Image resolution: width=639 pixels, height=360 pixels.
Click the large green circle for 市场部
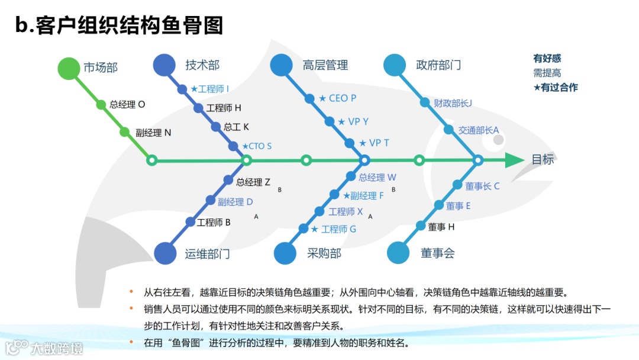click(x=69, y=68)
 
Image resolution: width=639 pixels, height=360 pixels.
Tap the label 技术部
click(x=202, y=65)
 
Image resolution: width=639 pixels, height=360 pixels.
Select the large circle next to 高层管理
click(x=282, y=65)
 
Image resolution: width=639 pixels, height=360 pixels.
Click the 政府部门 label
click(x=438, y=65)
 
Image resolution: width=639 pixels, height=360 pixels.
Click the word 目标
click(x=543, y=159)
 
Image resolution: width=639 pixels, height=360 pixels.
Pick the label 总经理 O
click(x=127, y=105)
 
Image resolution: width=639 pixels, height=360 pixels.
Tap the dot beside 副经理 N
click(x=125, y=132)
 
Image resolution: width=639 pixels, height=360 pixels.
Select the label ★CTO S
click(x=257, y=146)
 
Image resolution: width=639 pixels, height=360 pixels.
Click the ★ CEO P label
click(x=338, y=98)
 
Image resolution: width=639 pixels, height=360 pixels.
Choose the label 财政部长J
click(x=453, y=103)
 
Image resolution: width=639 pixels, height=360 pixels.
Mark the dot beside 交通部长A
click(x=449, y=130)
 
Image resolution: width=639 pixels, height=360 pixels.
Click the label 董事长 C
click(x=482, y=186)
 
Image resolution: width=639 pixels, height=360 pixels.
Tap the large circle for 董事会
click(x=398, y=253)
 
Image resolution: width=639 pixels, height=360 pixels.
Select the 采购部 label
click(x=324, y=253)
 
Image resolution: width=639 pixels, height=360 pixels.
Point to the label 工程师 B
click(x=214, y=223)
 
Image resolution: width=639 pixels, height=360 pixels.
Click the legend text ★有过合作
click(x=556, y=88)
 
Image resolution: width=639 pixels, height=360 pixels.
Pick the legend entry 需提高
click(x=547, y=73)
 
